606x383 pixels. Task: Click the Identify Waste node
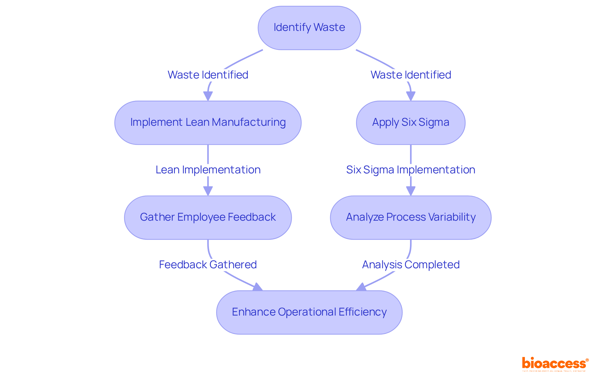tap(309, 28)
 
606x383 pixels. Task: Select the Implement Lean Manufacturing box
tap(208, 123)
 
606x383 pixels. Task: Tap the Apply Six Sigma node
tap(410, 123)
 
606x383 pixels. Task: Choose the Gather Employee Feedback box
tap(208, 218)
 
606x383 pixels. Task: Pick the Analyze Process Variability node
tap(410, 218)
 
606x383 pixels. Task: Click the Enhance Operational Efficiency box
tap(309, 312)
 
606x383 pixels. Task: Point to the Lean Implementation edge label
tap(208, 170)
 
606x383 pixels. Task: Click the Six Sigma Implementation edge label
tap(410, 170)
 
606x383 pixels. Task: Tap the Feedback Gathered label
tap(208, 264)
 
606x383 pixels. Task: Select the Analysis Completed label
tap(410, 264)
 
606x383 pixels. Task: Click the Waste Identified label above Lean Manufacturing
tap(208, 75)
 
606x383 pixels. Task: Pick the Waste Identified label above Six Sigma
tap(410, 75)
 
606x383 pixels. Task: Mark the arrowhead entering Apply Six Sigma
tap(410, 96)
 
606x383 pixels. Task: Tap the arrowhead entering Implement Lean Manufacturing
tap(208, 96)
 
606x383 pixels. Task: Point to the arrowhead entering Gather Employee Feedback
tap(208, 191)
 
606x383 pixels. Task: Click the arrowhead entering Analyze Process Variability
tap(410, 191)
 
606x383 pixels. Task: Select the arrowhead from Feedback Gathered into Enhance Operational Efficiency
tap(258, 287)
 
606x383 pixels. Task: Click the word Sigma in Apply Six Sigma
tap(434, 122)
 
